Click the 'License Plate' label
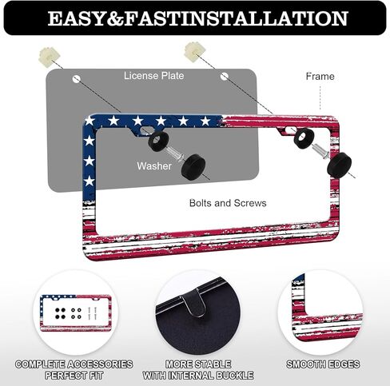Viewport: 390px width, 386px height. (153, 76)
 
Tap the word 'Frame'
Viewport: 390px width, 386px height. (320, 77)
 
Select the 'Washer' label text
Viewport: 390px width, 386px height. (154, 166)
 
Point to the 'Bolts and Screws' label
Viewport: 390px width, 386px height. (228, 203)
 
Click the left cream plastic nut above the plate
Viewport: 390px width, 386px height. (50, 57)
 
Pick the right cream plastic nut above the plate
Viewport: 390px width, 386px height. (193, 52)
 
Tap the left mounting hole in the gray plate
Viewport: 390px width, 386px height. (77, 79)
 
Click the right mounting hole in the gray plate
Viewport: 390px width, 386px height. (225, 77)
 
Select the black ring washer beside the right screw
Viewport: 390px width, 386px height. (304, 138)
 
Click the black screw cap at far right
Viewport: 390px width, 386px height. (339, 165)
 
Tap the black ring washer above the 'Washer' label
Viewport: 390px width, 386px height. (158, 141)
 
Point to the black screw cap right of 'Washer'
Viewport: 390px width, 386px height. (193, 167)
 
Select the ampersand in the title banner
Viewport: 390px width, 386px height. (114, 18)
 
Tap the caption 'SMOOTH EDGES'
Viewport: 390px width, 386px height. (323, 364)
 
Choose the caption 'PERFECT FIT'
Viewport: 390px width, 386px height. (74, 376)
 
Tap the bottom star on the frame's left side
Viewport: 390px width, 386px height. (90, 181)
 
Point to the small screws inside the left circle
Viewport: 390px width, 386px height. (92, 313)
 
